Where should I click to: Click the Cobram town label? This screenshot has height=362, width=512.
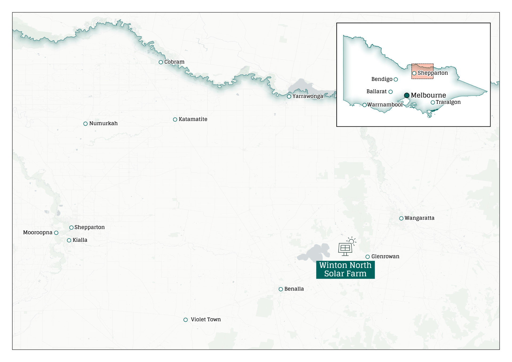(174, 62)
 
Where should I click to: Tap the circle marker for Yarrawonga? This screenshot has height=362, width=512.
(289, 96)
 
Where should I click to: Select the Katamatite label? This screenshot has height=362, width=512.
(193, 119)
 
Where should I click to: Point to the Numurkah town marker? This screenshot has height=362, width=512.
(85, 124)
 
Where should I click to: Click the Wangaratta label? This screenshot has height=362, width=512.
(419, 218)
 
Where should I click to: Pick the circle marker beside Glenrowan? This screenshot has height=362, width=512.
(367, 257)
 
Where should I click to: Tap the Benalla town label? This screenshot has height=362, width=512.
(294, 289)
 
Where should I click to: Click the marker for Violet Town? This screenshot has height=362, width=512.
(186, 320)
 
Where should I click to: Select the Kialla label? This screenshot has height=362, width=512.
(80, 240)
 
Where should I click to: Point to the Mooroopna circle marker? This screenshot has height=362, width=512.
(56, 233)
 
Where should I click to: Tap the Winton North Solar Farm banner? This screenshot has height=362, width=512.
(345, 270)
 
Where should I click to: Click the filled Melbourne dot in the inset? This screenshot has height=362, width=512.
(407, 95)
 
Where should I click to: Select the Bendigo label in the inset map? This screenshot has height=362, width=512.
(382, 79)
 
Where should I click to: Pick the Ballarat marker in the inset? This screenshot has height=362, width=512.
(391, 92)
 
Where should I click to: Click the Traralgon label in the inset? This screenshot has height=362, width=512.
(448, 102)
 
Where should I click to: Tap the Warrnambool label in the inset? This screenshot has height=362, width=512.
(385, 105)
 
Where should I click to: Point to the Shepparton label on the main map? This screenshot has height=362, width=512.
(89, 227)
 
